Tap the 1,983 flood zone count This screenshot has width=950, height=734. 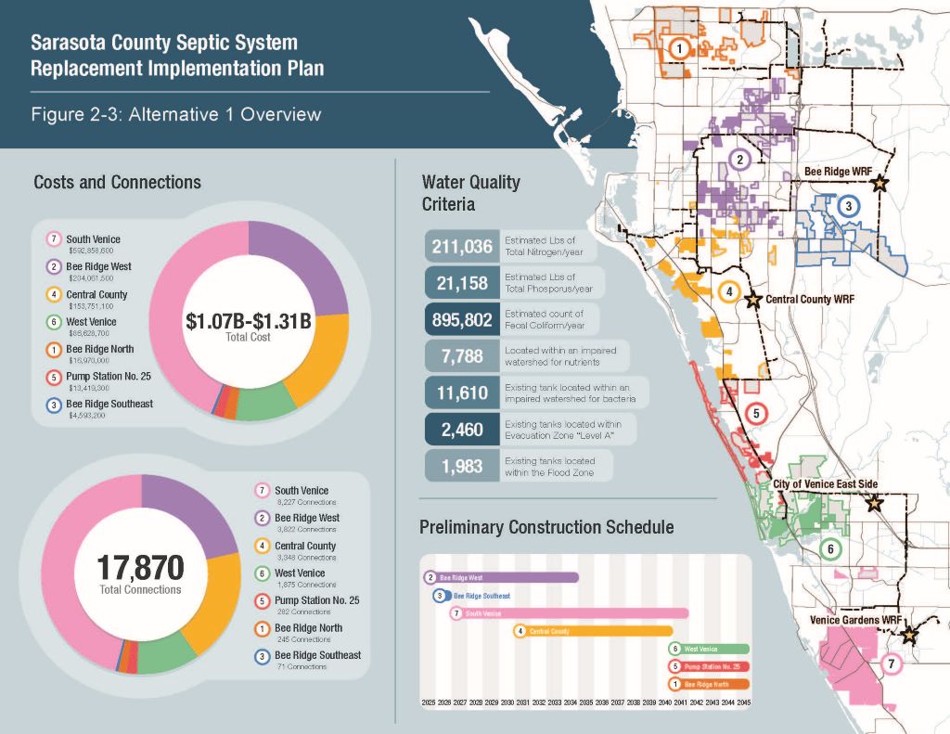tap(460, 466)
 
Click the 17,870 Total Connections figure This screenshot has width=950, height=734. tap(140, 568)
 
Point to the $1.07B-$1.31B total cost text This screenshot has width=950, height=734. tap(248, 323)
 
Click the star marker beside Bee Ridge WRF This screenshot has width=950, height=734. tap(879, 184)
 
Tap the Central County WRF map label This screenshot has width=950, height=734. tap(808, 300)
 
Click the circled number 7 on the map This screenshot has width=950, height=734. tap(891, 664)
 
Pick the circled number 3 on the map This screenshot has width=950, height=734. tap(847, 206)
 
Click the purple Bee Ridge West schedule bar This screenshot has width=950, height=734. tap(506, 577)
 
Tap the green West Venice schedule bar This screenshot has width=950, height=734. tap(709, 649)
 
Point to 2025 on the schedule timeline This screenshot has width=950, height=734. tap(429, 703)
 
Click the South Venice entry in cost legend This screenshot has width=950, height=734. tap(93, 239)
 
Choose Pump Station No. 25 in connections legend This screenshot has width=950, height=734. tap(316, 600)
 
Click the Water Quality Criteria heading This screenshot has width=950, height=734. tap(470, 192)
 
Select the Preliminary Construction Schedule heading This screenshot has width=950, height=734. tap(546, 527)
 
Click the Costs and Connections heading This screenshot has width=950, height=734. tap(117, 182)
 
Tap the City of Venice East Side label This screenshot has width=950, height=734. tap(825, 484)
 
